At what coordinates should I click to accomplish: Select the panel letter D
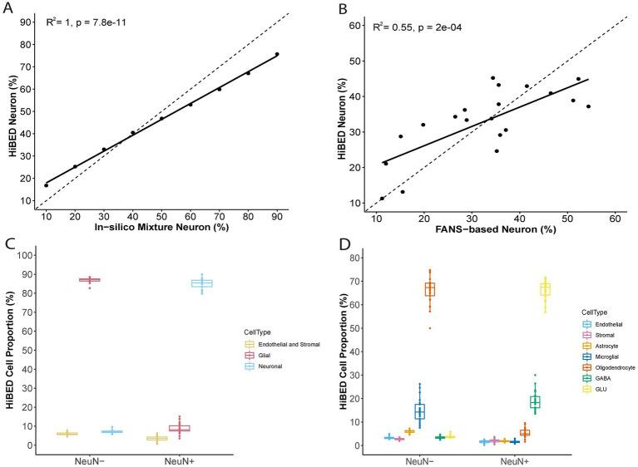coord(342,244)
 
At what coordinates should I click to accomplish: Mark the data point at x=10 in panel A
coord(47,184)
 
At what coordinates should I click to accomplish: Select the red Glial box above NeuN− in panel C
coord(90,280)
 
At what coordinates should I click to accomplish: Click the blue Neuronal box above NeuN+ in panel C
coord(202,283)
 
